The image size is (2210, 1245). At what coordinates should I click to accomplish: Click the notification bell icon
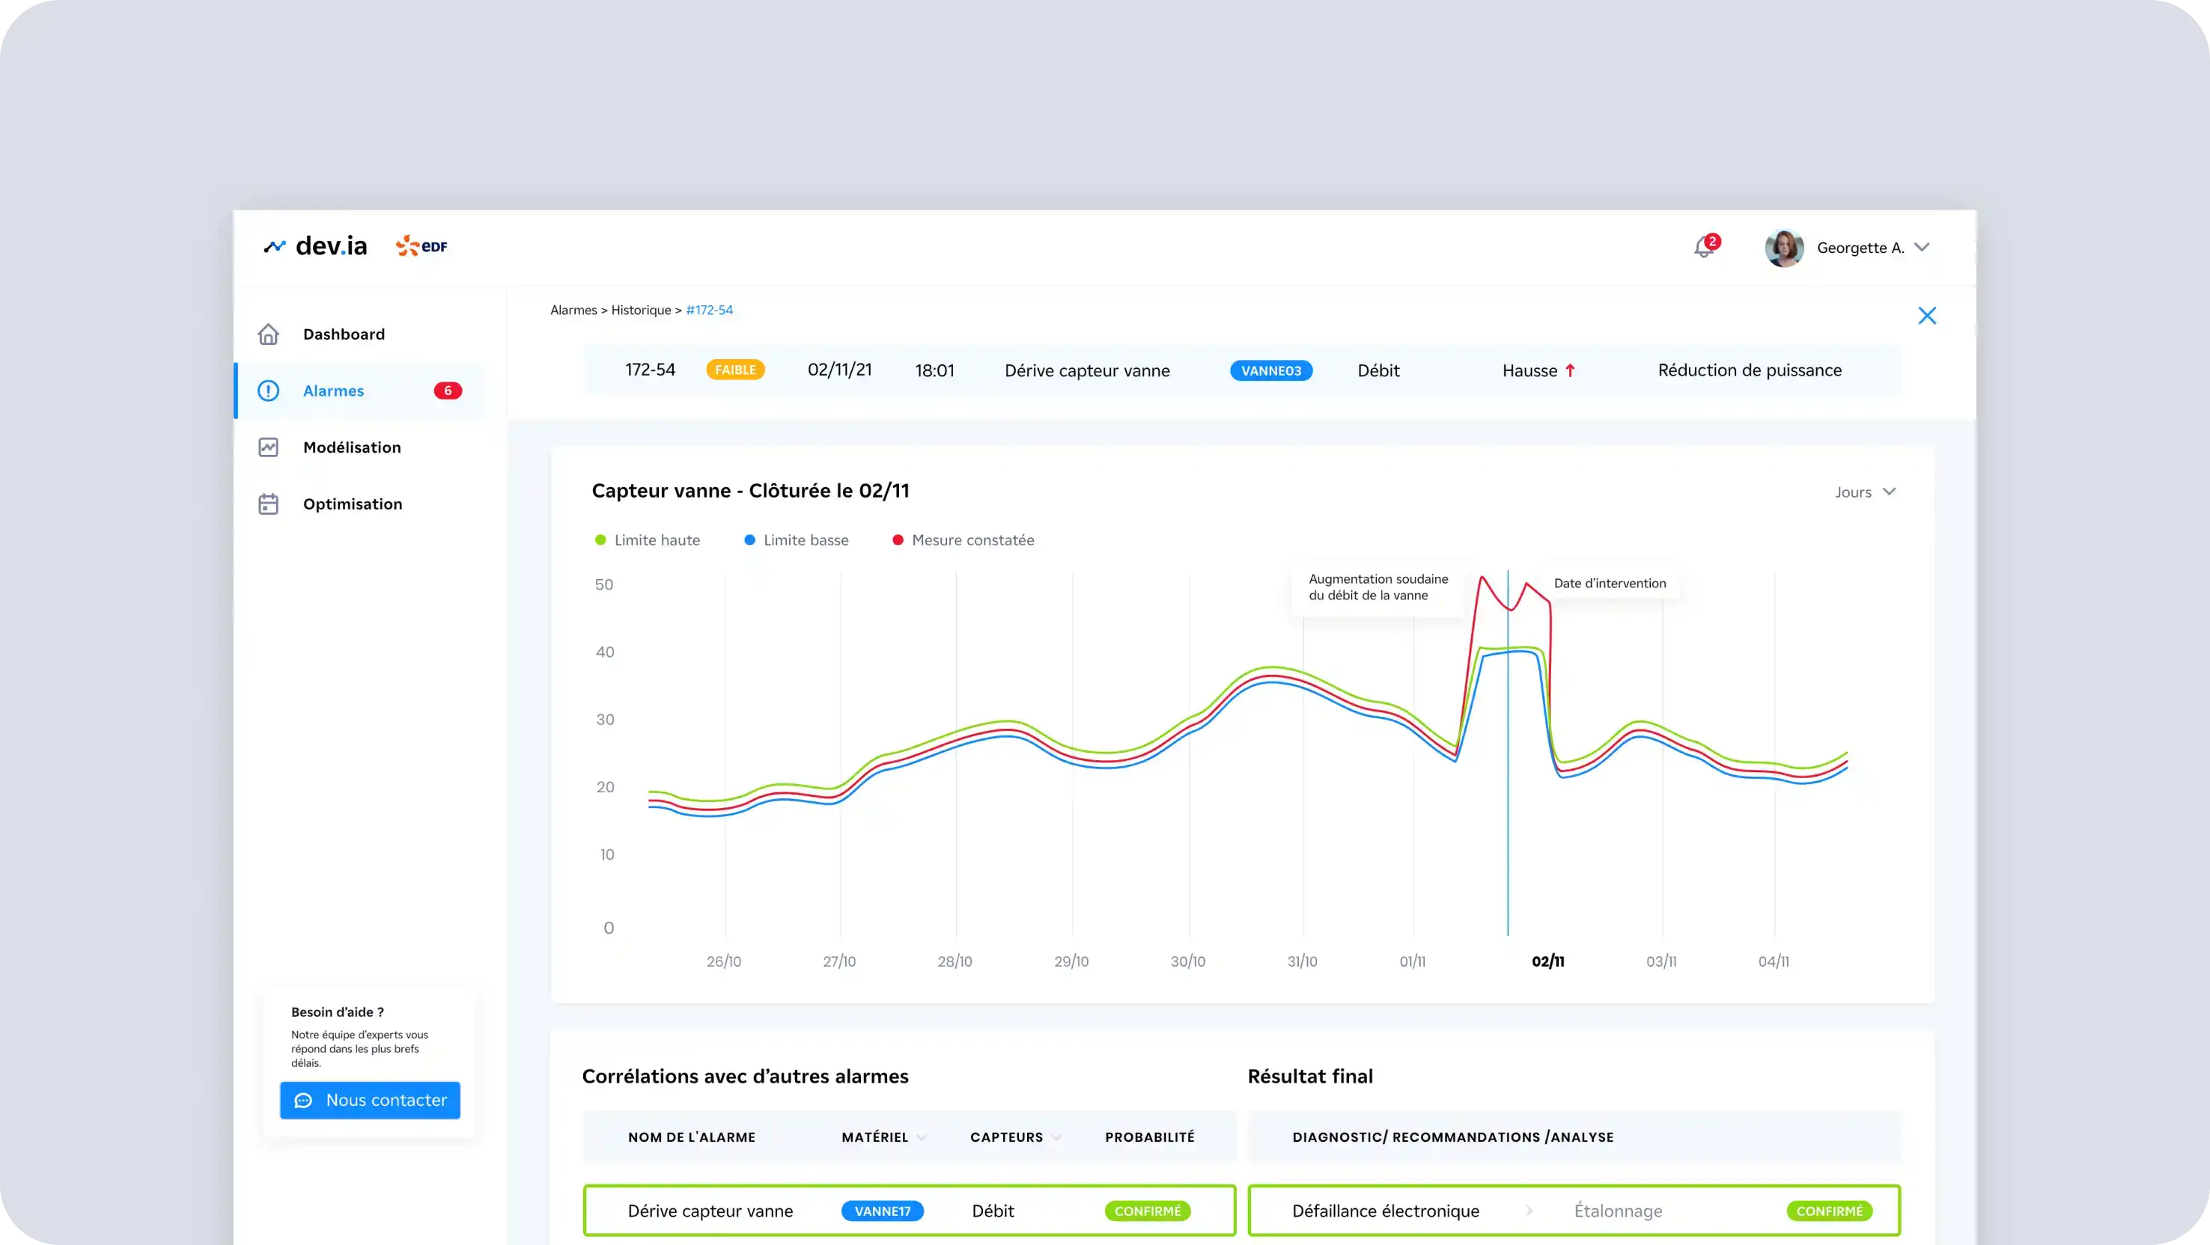(x=1703, y=248)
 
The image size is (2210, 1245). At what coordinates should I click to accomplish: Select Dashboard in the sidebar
(x=343, y=334)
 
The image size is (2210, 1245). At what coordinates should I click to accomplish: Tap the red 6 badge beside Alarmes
(x=447, y=391)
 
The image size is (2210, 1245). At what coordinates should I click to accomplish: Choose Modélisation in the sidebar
(x=351, y=447)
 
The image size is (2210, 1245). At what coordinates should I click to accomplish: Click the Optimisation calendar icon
(x=269, y=504)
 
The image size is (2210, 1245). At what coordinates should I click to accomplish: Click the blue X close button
(x=1927, y=316)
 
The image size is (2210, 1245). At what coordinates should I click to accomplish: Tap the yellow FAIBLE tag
(x=735, y=370)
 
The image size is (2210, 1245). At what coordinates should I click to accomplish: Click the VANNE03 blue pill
(x=1270, y=371)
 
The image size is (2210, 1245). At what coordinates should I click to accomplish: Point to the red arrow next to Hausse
(x=1570, y=370)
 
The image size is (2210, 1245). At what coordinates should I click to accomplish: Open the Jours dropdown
(x=1865, y=492)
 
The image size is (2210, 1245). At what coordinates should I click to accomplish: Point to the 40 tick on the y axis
(x=605, y=652)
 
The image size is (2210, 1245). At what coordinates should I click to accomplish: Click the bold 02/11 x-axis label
(x=1547, y=961)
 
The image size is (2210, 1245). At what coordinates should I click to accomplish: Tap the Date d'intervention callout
(x=1610, y=584)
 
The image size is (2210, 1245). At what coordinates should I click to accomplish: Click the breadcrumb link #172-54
(x=710, y=311)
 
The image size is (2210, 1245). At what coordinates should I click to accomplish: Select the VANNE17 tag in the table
(x=882, y=1211)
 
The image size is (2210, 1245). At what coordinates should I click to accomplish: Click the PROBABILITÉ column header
(x=1148, y=1137)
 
